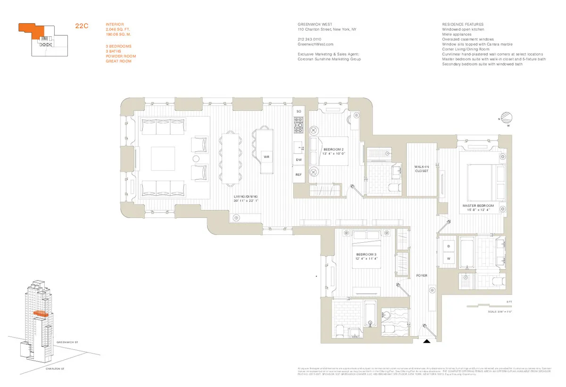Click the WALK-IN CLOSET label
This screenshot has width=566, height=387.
421,169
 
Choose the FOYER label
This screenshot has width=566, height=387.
421,275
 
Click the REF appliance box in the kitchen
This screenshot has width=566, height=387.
298,174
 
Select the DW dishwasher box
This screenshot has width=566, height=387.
298,160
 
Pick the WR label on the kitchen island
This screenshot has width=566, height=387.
266,156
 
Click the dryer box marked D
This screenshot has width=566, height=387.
449,247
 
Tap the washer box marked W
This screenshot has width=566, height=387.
449,259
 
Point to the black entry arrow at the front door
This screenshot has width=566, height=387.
426,342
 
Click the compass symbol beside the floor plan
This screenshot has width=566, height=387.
507,117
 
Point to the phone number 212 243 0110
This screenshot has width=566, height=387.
309,39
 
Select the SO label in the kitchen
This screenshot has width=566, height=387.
298,112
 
